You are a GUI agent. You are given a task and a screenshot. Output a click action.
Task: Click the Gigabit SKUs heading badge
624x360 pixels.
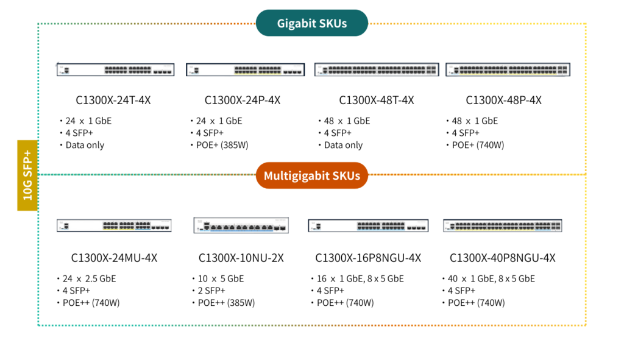coord(311,24)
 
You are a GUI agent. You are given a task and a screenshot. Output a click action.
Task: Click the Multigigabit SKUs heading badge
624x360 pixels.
coord(311,176)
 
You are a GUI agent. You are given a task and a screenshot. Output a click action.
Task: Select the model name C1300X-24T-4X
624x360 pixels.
coord(113,101)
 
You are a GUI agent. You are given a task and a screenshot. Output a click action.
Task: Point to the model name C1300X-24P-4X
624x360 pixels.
coord(243,101)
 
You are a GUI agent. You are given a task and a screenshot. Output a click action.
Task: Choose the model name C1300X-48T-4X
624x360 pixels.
coord(376,101)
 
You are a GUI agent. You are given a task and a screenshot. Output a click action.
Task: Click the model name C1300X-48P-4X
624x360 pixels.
coord(503,101)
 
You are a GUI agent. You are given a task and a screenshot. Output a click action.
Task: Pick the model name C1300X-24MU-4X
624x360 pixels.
coord(114,258)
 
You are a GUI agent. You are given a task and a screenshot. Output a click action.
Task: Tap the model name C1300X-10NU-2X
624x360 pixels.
coord(241,258)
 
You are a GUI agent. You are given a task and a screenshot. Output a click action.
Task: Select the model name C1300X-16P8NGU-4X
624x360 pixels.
coord(368,258)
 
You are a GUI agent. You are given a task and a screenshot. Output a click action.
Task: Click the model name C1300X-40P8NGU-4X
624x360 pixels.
coord(502,258)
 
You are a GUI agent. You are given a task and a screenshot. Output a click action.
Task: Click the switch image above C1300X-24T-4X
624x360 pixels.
coord(115,69)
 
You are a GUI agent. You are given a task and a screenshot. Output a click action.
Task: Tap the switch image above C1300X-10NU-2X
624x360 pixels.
coord(241,225)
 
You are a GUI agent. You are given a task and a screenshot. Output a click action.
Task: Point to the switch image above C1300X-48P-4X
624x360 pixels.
coord(508,69)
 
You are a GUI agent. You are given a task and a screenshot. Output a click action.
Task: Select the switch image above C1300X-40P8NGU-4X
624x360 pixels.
coord(502,225)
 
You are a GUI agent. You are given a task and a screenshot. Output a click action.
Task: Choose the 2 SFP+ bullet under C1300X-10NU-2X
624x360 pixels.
coord(210,291)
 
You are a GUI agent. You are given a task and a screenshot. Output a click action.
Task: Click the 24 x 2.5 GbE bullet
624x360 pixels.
coord(89,278)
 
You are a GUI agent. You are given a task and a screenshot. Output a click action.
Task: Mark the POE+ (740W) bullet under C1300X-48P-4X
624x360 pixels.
coord(478,145)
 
